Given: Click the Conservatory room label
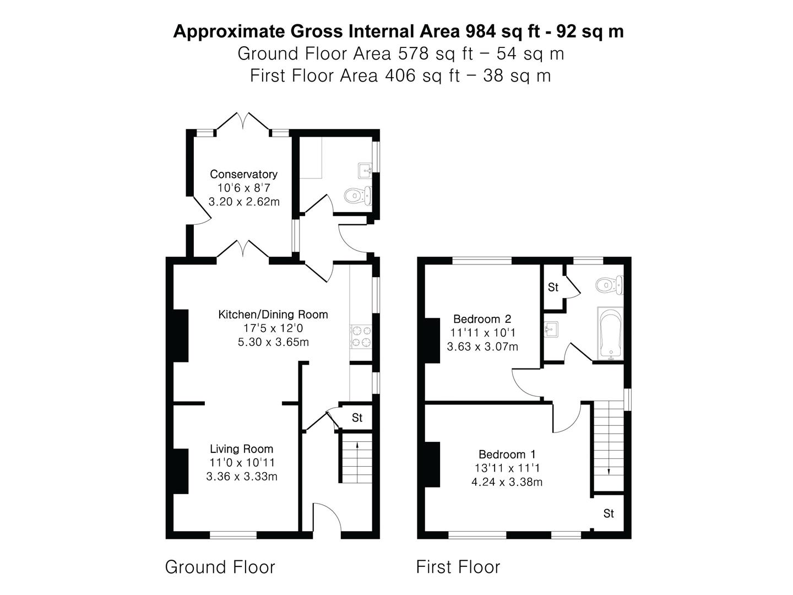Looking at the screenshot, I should (243, 174).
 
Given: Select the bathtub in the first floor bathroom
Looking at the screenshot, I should (610, 333).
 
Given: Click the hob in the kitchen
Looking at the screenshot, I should (361, 337).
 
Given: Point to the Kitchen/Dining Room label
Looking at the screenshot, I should (273, 315).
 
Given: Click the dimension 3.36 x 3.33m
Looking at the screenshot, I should (242, 477).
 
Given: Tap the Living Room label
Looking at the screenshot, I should (241, 449).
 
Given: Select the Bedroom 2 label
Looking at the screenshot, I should (482, 319).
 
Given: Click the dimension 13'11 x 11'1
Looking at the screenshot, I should (507, 468).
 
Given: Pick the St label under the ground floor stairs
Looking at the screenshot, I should (357, 418).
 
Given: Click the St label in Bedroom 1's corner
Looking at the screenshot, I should (609, 513).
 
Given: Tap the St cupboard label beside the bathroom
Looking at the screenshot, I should (553, 287).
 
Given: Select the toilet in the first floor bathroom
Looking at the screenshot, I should (610, 284).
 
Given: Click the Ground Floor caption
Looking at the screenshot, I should (220, 567).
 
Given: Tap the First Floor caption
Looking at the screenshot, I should (458, 567).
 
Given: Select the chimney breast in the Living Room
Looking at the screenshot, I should (181, 471).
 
